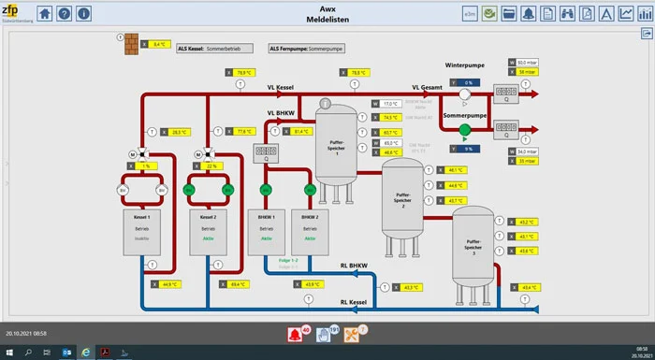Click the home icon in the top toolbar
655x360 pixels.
[45, 14]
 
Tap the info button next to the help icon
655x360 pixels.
[84, 14]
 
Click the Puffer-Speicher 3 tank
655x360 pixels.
[473, 245]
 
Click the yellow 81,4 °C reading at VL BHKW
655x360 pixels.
[299, 132]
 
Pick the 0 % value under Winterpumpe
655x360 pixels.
[468, 82]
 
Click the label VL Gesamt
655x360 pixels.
[429, 87]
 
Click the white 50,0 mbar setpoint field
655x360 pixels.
[528, 62]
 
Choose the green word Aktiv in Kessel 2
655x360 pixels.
[208, 238]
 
